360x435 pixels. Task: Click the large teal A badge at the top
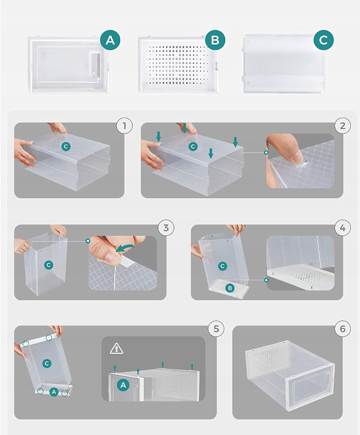tap(110, 40)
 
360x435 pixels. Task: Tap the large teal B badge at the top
tap(215, 40)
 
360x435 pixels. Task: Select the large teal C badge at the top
tap(324, 40)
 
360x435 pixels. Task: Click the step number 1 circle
tap(124, 126)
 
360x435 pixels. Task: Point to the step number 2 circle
tap(343, 126)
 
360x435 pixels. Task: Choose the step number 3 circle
tap(166, 228)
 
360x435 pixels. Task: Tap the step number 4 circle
tap(343, 228)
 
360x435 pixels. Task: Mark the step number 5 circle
tap(216, 329)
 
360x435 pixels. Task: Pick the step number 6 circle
tap(343, 329)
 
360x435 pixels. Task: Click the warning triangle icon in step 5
tap(116, 348)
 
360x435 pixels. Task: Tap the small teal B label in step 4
tap(230, 288)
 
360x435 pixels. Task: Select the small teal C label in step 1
tap(65, 147)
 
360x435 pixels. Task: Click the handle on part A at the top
tap(96, 64)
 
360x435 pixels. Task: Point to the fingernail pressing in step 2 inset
tap(298, 157)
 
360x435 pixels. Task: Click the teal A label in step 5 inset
tap(123, 385)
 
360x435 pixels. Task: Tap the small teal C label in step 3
tap(48, 265)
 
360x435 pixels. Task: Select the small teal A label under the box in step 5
tap(54, 392)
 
